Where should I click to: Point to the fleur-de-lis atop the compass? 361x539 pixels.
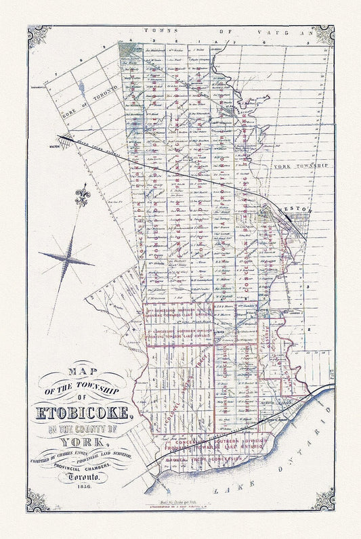point(83,196)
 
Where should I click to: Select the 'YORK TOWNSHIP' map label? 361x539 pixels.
point(300,165)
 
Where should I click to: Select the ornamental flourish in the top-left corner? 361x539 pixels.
point(38,36)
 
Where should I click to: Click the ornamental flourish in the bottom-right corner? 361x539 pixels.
point(323,500)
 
